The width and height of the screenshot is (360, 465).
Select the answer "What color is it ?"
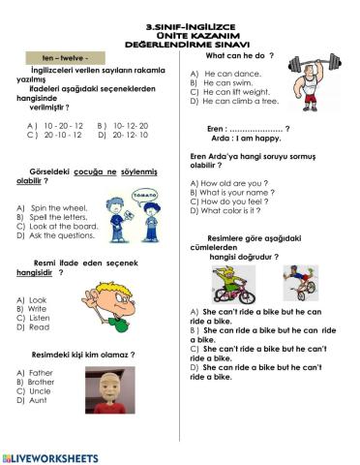click(230, 210)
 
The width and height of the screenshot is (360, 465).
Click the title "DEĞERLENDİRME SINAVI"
click(181, 44)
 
